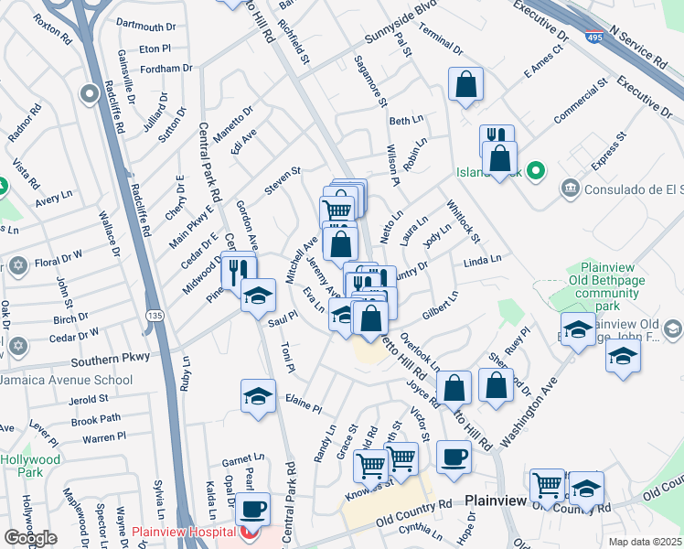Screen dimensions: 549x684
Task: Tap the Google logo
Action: [30, 537]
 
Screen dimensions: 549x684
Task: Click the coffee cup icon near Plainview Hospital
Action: [252, 508]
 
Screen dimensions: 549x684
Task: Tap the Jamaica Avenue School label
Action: [66, 380]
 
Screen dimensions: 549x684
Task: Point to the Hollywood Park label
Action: [30, 466]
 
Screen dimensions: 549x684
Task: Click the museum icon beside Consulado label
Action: [570, 188]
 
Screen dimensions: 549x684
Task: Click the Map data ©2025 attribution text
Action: [645, 542]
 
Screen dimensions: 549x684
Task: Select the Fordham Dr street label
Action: [166, 68]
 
